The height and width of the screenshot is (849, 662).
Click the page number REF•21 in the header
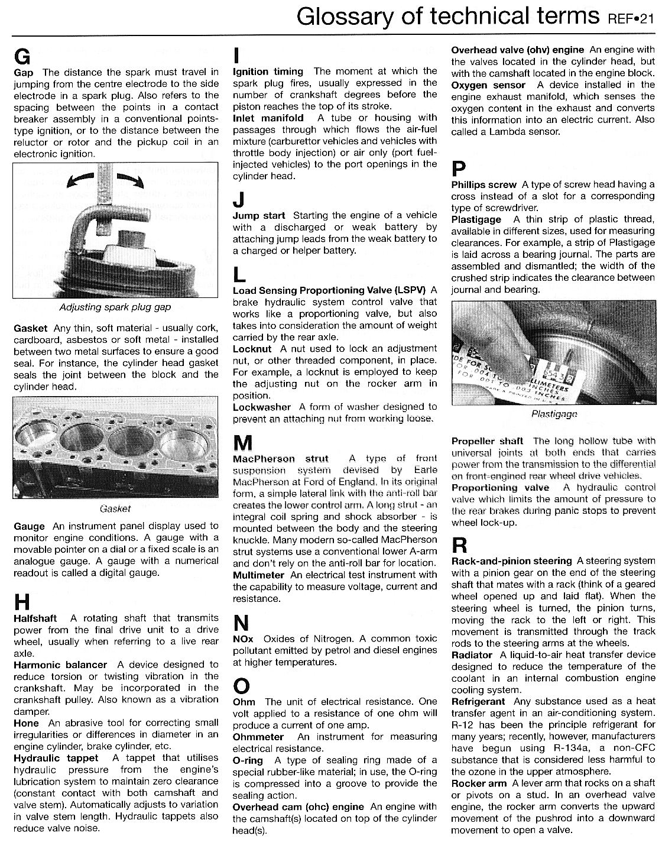coord(631,20)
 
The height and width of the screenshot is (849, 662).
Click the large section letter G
coord(22,56)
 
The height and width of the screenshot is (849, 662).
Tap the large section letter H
coord(21,602)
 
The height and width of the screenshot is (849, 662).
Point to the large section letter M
coord(243,442)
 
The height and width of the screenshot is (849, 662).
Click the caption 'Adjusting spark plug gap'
coord(115,307)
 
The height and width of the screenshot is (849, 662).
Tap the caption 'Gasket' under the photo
coord(115,508)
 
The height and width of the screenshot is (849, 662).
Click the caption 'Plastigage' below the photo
coord(554,414)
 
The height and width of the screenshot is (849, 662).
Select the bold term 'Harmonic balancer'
coord(60,665)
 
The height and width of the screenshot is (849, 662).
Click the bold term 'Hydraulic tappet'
coord(56,757)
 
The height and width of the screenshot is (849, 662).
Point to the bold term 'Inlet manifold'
coord(268,118)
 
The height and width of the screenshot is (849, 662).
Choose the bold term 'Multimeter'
coord(258,575)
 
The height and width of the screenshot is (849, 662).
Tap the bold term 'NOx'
coord(243,639)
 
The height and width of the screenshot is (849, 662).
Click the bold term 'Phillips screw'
coord(483,184)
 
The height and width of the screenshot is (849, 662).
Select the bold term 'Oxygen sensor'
coord(488,85)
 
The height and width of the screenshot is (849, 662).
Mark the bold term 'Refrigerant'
coord(478,701)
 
